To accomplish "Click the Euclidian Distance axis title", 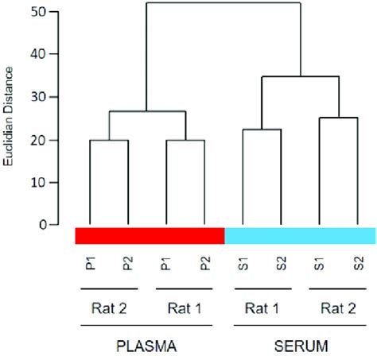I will click(x=7, y=118).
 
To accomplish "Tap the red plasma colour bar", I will click(x=150, y=236).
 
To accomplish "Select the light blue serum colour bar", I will click(x=300, y=236).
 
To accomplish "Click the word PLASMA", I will click(x=147, y=348).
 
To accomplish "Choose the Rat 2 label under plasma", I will click(x=109, y=308).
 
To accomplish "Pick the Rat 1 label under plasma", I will click(x=185, y=308).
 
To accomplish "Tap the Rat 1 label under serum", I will click(x=262, y=308).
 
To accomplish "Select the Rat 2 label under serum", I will click(x=337, y=308).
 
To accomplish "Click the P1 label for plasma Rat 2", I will click(x=90, y=263).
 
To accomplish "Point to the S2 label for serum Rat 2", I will click(x=357, y=263).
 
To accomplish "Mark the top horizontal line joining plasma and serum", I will click(x=223, y=3).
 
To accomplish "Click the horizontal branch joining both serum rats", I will click(x=300, y=76).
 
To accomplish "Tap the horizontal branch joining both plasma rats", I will click(x=147, y=111).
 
